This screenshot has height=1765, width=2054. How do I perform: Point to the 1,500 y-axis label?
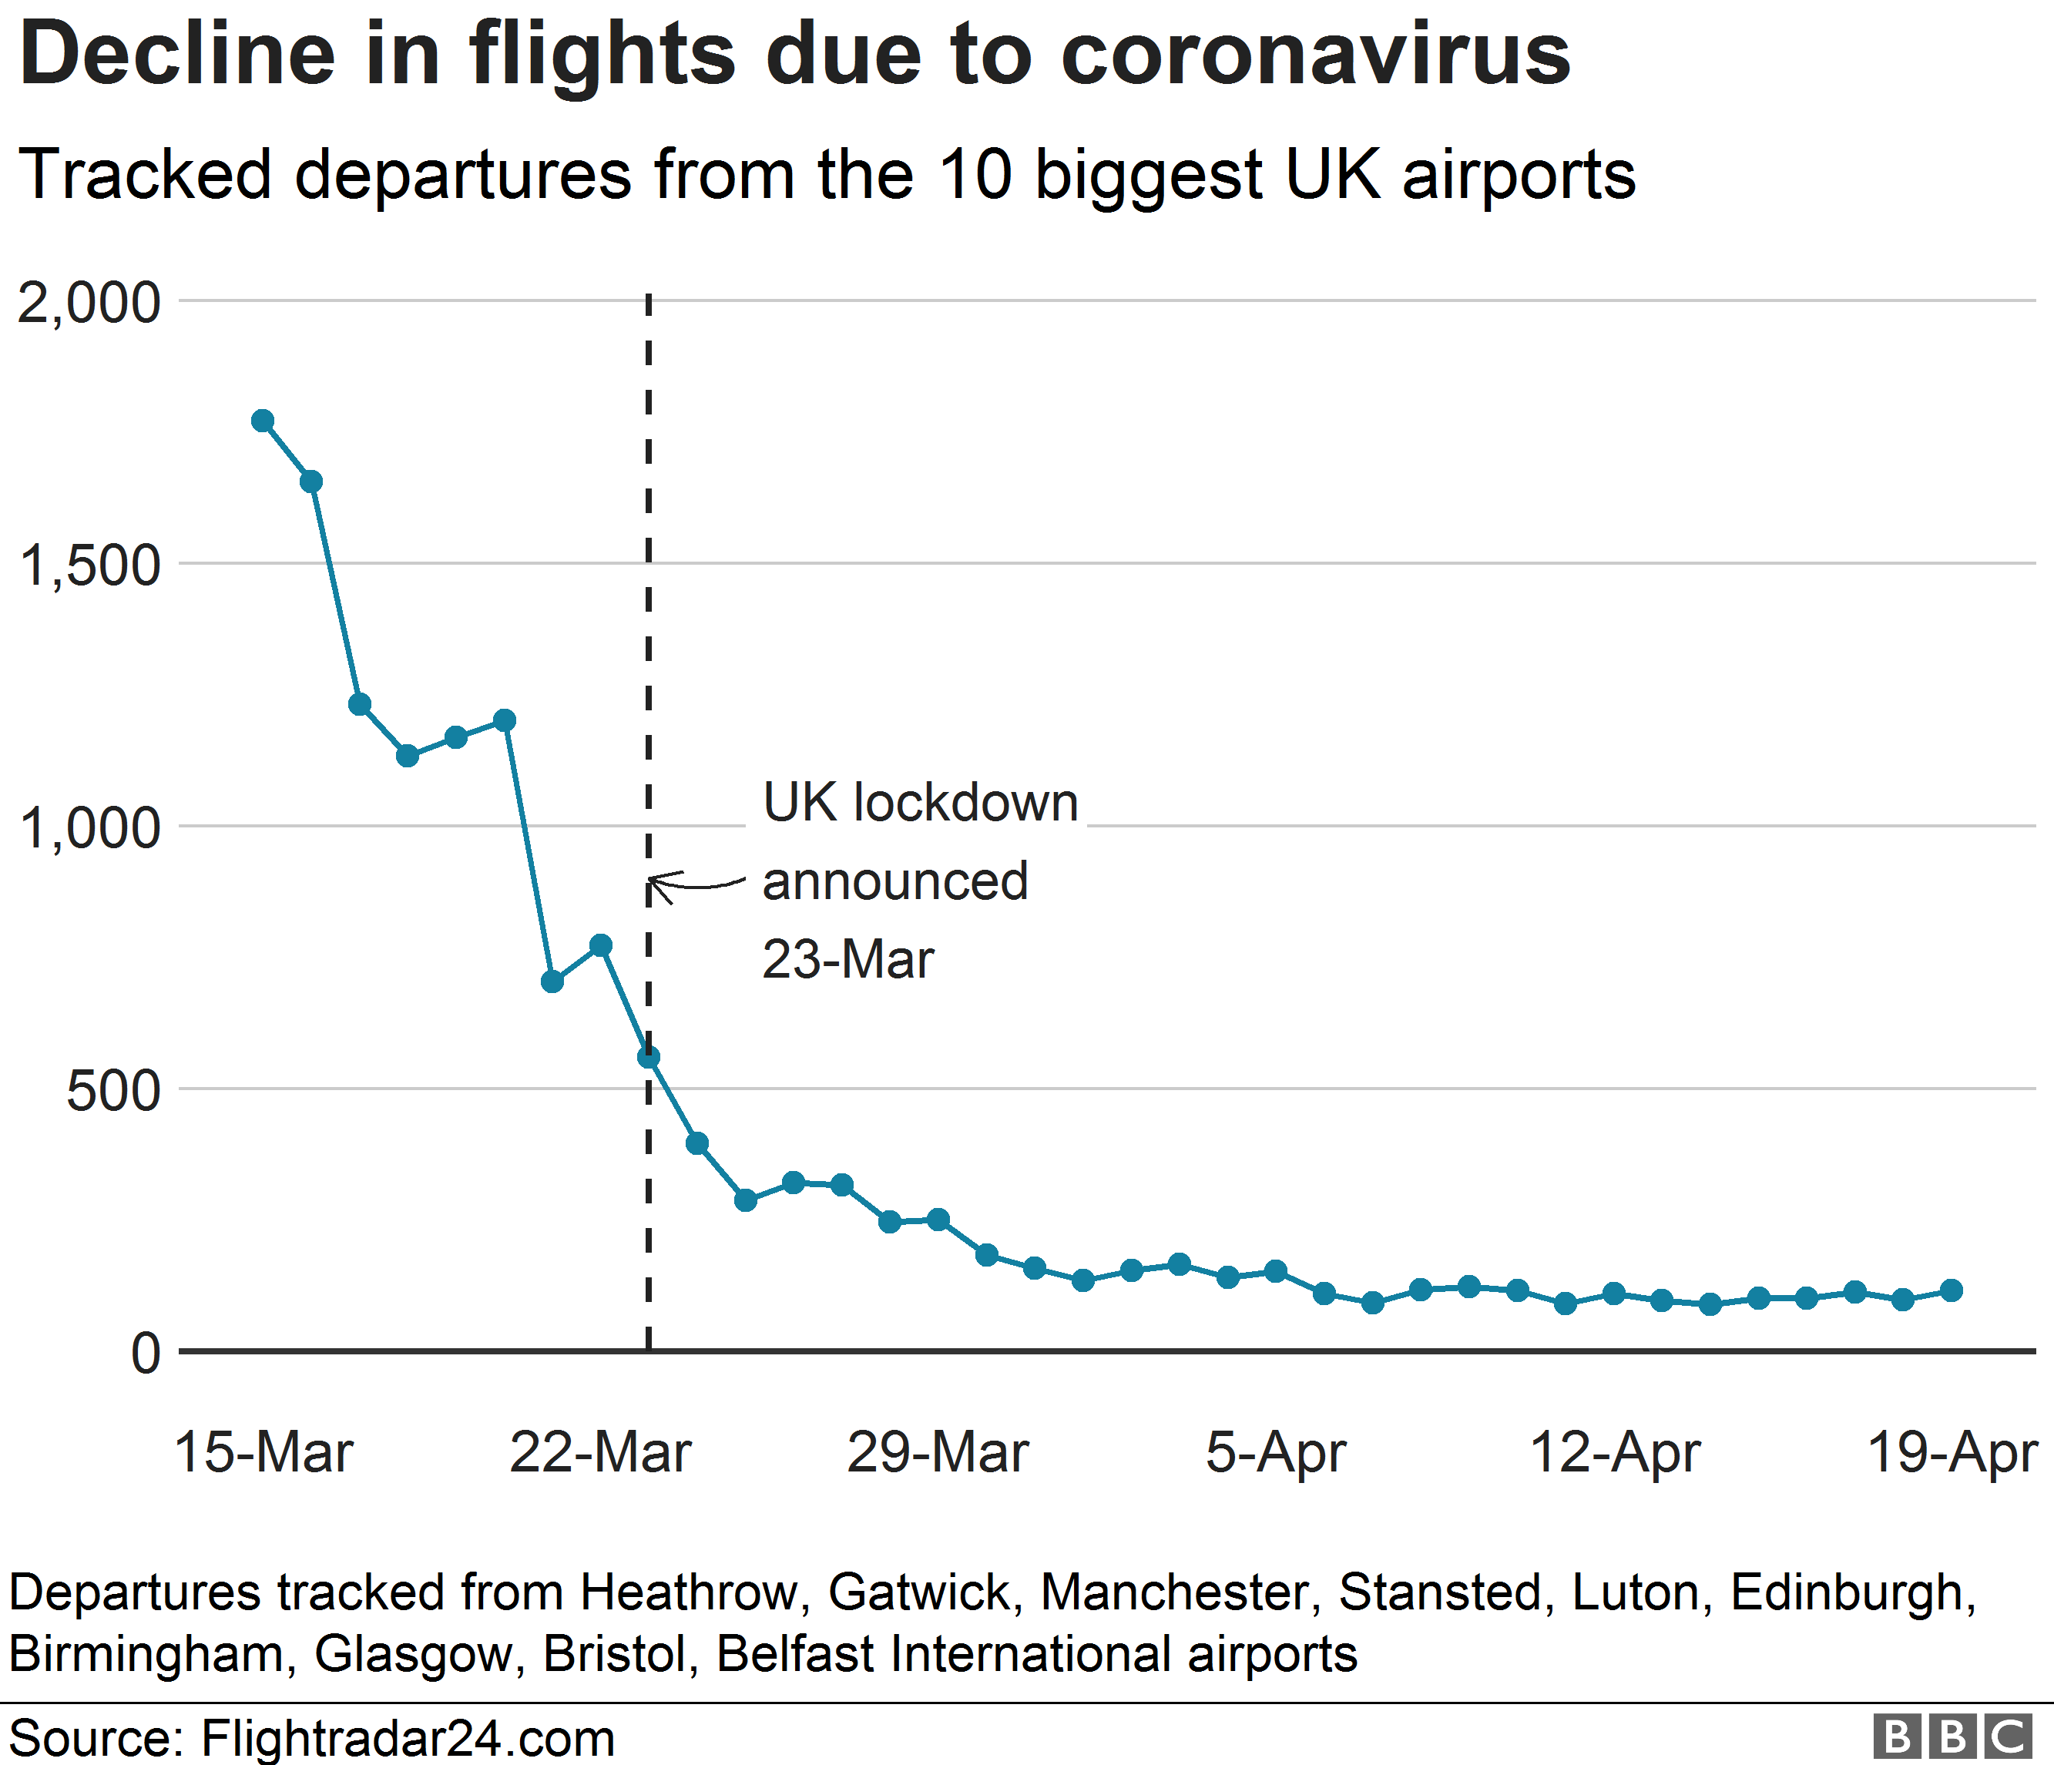coord(89,567)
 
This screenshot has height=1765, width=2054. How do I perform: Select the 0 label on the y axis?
coord(146,1354)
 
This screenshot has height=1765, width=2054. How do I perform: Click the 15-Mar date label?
coord(263,1453)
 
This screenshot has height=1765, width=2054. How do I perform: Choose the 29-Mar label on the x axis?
coord(937,1453)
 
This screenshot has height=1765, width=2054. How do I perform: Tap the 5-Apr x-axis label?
coord(1275,1453)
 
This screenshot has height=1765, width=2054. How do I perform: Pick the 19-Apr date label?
coord(1951,1453)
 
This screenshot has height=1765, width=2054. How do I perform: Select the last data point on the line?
coord(1951,1290)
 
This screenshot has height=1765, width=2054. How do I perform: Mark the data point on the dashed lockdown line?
coord(648,1058)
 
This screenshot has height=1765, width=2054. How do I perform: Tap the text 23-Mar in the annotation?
coord(847,959)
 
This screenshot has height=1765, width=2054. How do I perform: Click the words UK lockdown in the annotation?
coord(920,803)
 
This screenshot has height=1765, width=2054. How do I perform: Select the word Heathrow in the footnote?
coord(688,1592)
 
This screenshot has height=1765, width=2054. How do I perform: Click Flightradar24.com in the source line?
coord(408,1738)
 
